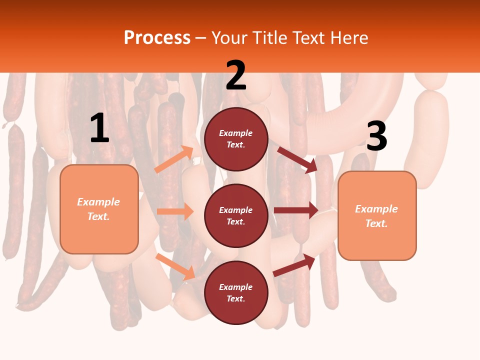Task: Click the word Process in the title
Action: point(157,37)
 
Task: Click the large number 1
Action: point(99,128)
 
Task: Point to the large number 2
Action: point(236,75)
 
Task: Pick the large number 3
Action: point(376,136)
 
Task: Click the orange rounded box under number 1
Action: point(99,209)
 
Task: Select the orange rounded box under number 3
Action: point(377,216)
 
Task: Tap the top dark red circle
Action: point(236,139)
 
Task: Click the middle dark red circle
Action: point(236,216)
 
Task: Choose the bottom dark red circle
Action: point(236,293)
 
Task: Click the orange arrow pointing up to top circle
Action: point(174,159)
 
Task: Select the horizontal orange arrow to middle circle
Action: point(175,211)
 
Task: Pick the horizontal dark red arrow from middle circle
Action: point(295,210)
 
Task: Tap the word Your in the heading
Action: point(230,37)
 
